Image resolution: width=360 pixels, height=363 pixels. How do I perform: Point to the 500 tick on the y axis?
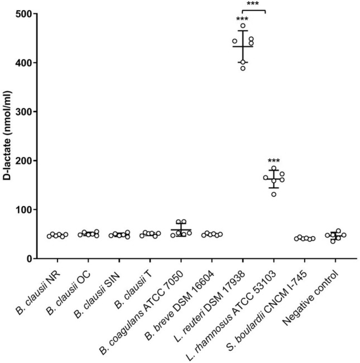point(23,13)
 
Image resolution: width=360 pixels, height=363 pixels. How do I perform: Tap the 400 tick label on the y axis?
point(23,63)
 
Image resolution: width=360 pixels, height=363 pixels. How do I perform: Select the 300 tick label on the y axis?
point(23,112)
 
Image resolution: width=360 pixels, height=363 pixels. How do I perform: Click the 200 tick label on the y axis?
point(23,161)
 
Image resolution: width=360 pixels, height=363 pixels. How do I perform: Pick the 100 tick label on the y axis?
point(23,210)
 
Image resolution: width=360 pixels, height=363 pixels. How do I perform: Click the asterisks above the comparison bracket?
point(253,4)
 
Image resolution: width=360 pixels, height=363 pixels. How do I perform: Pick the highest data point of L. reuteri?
point(243,26)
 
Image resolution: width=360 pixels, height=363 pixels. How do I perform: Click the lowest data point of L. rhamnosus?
point(273,194)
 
